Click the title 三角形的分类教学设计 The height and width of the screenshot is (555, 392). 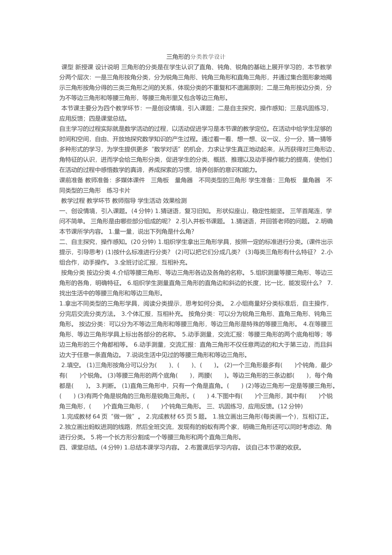196,56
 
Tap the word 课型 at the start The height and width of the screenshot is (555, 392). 67,66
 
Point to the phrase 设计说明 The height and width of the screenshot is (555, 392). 107,66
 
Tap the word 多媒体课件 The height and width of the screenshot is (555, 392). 130,180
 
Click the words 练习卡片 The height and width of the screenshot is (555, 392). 118,190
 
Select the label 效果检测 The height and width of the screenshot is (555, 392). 175,201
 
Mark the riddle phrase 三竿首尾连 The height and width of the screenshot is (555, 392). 305,211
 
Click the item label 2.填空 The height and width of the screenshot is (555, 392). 72,365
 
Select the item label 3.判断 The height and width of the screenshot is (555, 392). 106,386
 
